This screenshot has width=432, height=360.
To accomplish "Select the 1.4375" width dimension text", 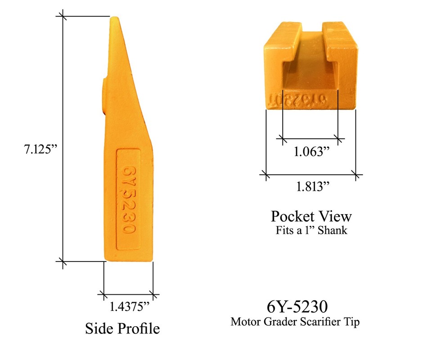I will tap(130, 307).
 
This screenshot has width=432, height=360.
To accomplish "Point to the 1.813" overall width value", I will tap(311, 186).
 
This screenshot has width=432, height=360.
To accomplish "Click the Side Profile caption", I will tap(122, 328).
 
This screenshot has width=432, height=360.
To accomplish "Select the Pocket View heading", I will tap(311, 216).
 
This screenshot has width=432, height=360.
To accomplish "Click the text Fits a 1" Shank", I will tap(311, 231).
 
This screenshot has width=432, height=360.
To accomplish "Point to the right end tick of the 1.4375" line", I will tap(153, 296).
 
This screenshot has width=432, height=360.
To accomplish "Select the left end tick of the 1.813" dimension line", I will tap(266, 174).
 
